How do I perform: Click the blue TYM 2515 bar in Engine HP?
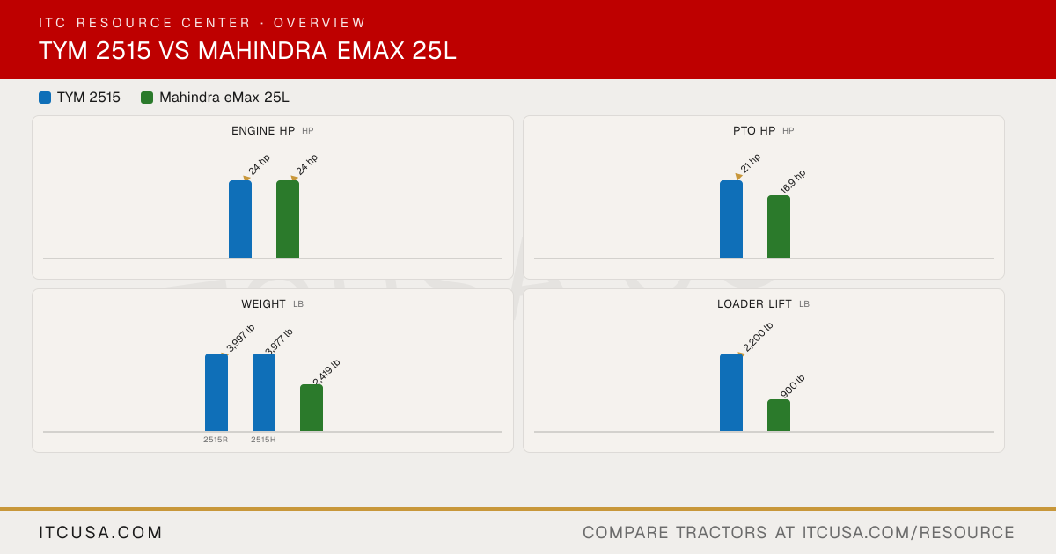pos(240,219)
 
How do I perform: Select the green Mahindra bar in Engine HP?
pos(288,219)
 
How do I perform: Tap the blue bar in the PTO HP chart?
pos(731,219)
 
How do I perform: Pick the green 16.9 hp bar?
pos(779,227)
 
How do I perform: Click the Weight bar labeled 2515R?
pos(216,392)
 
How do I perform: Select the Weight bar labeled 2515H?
pos(264,392)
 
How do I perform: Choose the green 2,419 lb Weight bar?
pos(312,408)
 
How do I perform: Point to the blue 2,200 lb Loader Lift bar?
pos(731,392)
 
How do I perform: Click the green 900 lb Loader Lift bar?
pos(779,415)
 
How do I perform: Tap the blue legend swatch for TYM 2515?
pos(45,98)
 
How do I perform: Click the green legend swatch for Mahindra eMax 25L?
pos(147,98)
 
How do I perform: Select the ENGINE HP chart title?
pos(263,131)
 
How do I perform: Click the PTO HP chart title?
pos(754,131)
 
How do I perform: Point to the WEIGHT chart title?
pos(263,304)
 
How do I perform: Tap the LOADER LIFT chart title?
pos(754,304)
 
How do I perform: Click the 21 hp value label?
pos(750,164)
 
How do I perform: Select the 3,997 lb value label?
pos(240,339)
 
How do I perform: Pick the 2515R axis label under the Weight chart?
pos(216,440)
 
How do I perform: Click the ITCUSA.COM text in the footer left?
pos(100,533)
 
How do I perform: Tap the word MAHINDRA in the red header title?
pos(262,50)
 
